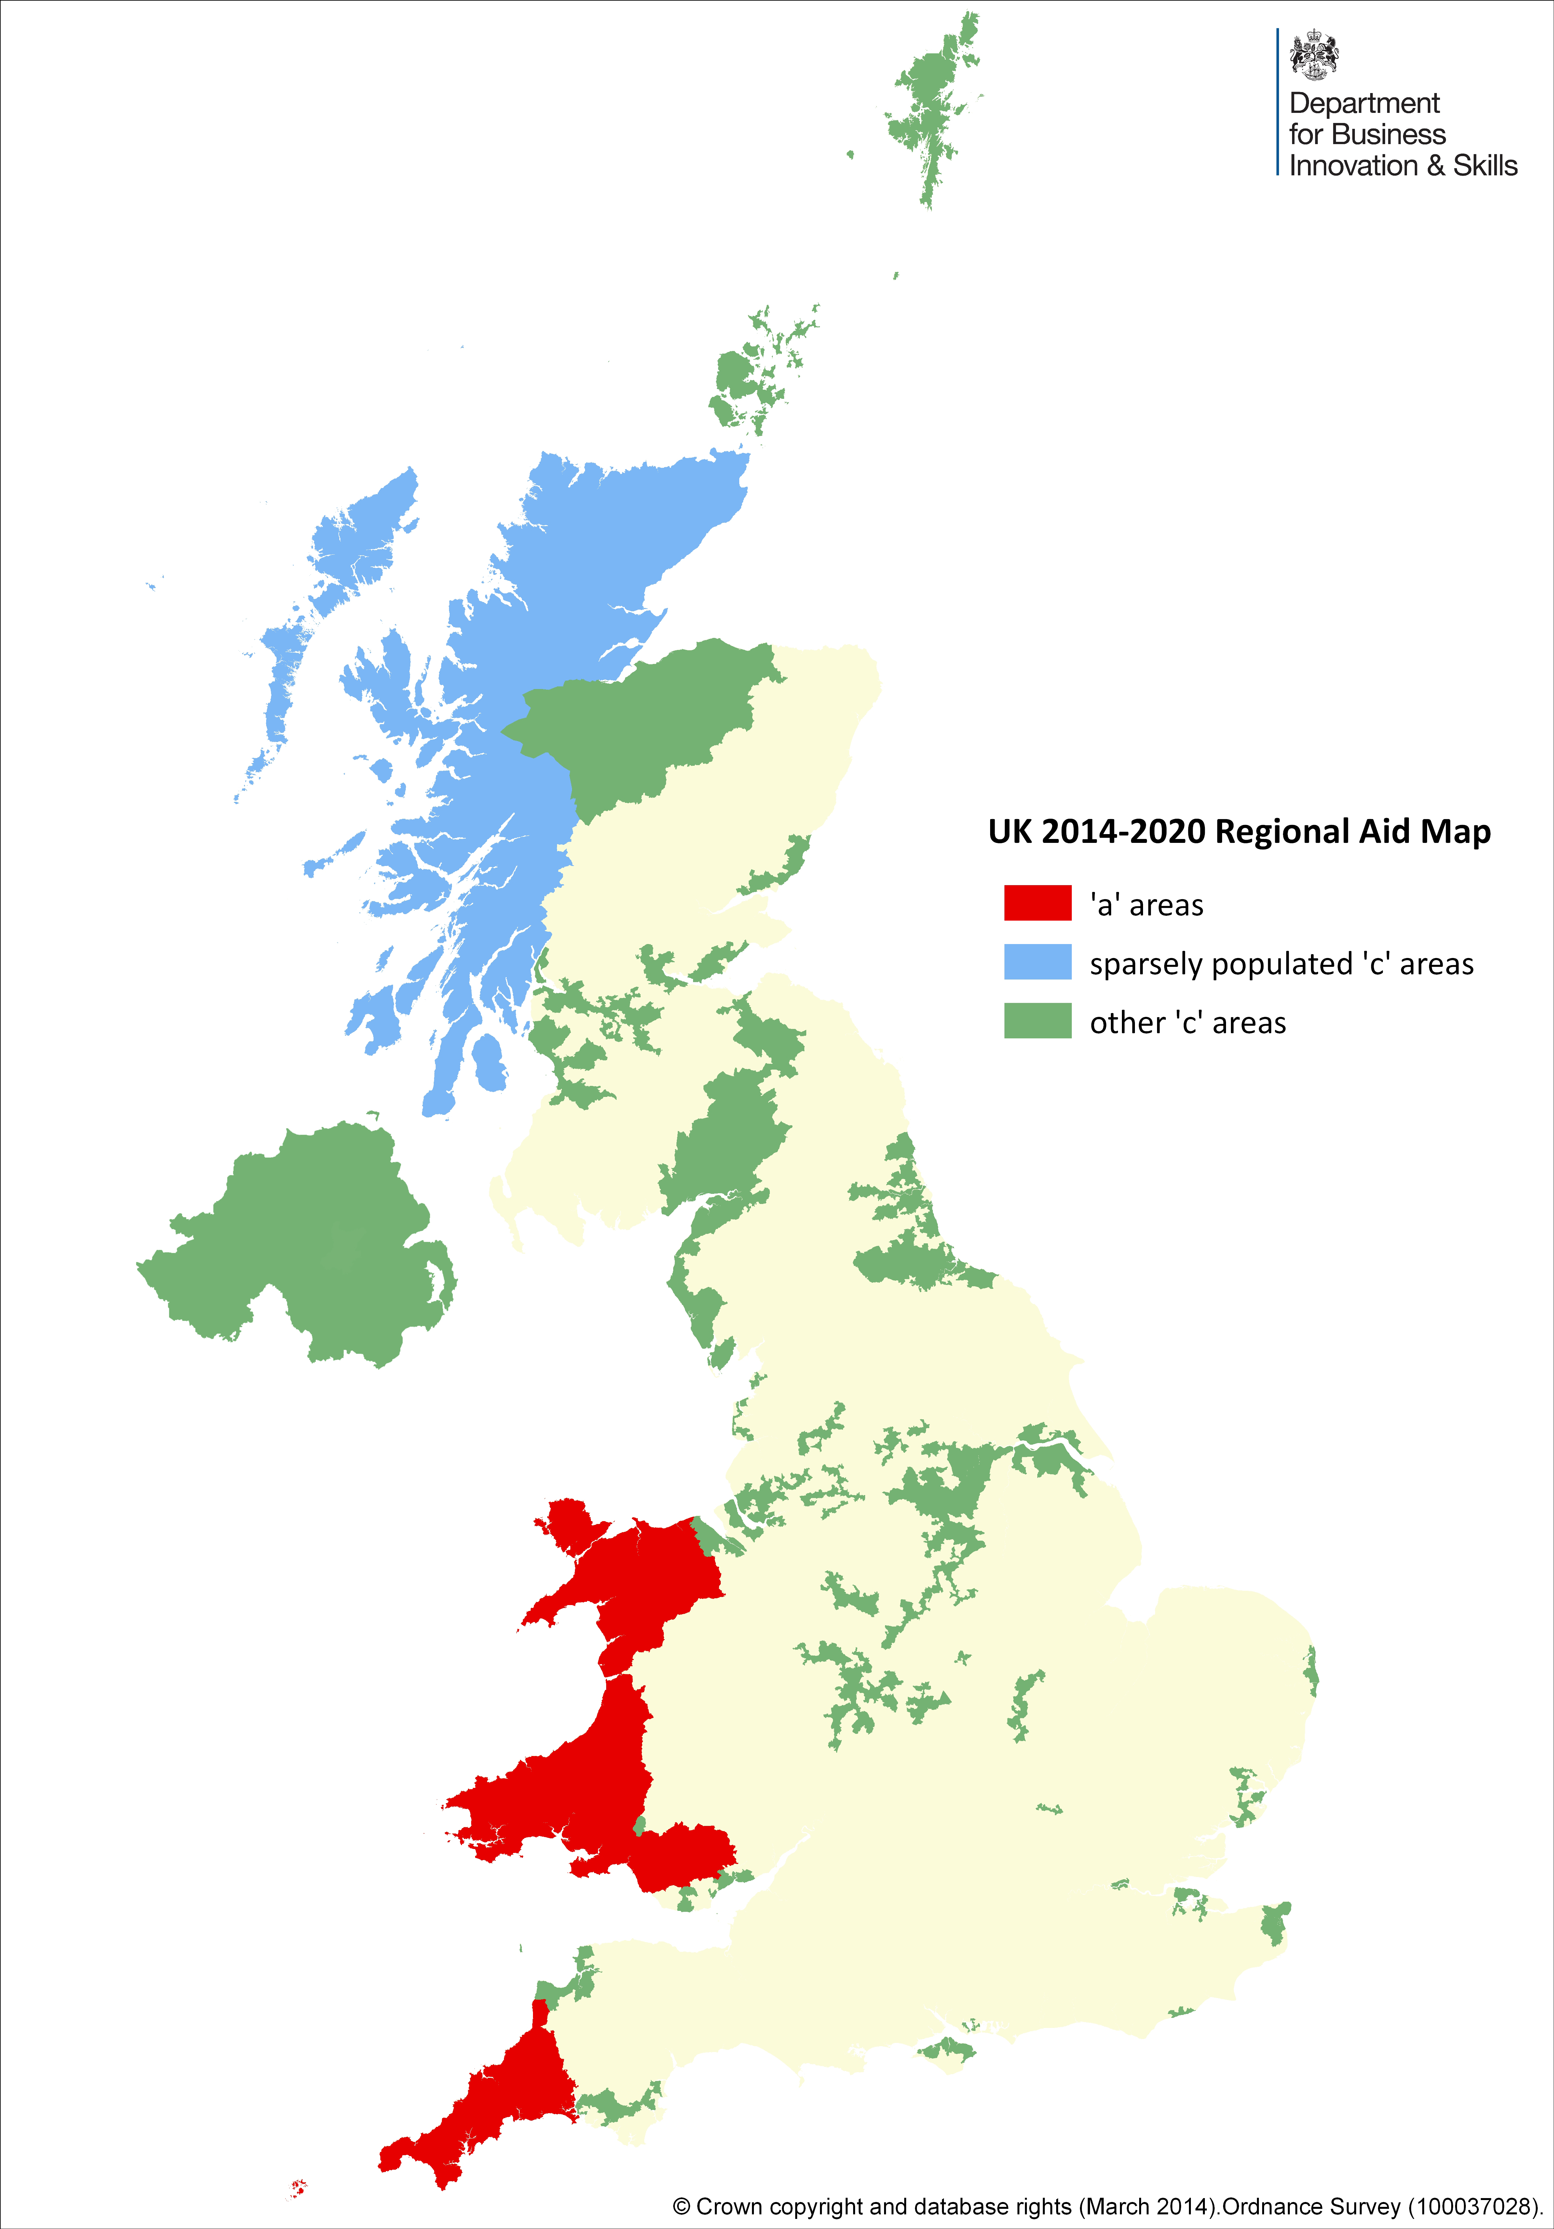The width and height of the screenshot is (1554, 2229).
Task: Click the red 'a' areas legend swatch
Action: (x=1037, y=903)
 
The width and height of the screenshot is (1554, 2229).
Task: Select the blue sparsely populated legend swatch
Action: (x=1037, y=962)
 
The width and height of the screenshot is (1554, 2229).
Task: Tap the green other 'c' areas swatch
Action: (x=1037, y=1021)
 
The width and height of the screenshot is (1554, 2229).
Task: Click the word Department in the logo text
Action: (x=1364, y=103)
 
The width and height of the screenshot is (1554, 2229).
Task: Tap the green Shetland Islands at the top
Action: (x=928, y=107)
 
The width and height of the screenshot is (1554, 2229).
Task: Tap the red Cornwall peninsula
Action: (x=485, y=2107)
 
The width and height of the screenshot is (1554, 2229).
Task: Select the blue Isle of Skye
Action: (x=384, y=680)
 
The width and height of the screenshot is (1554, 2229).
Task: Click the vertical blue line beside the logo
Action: (x=1277, y=102)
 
